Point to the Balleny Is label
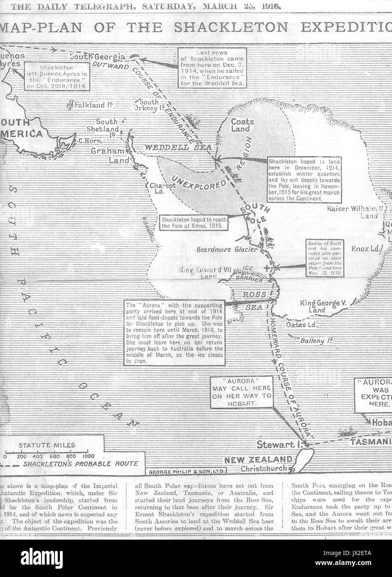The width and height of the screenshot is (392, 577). tap(314, 341)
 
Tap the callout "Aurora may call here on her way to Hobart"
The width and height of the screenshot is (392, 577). tap(241, 391)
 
